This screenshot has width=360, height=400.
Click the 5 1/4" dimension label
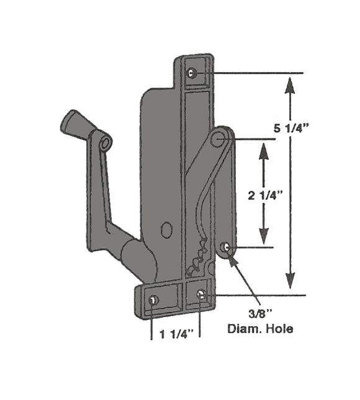[x=291, y=128]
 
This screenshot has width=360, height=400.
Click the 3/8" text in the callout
[x=260, y=315]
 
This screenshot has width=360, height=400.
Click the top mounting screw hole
[x=192, y=73]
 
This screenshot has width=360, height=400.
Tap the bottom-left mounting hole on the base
[x=153, y=301]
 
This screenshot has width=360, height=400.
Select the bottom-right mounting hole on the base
[x=200, y=295]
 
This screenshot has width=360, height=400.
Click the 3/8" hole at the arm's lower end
[x=225, y=248]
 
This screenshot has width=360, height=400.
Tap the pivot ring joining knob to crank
[x=104, y=143]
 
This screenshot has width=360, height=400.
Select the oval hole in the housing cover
[x=165, y=230]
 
